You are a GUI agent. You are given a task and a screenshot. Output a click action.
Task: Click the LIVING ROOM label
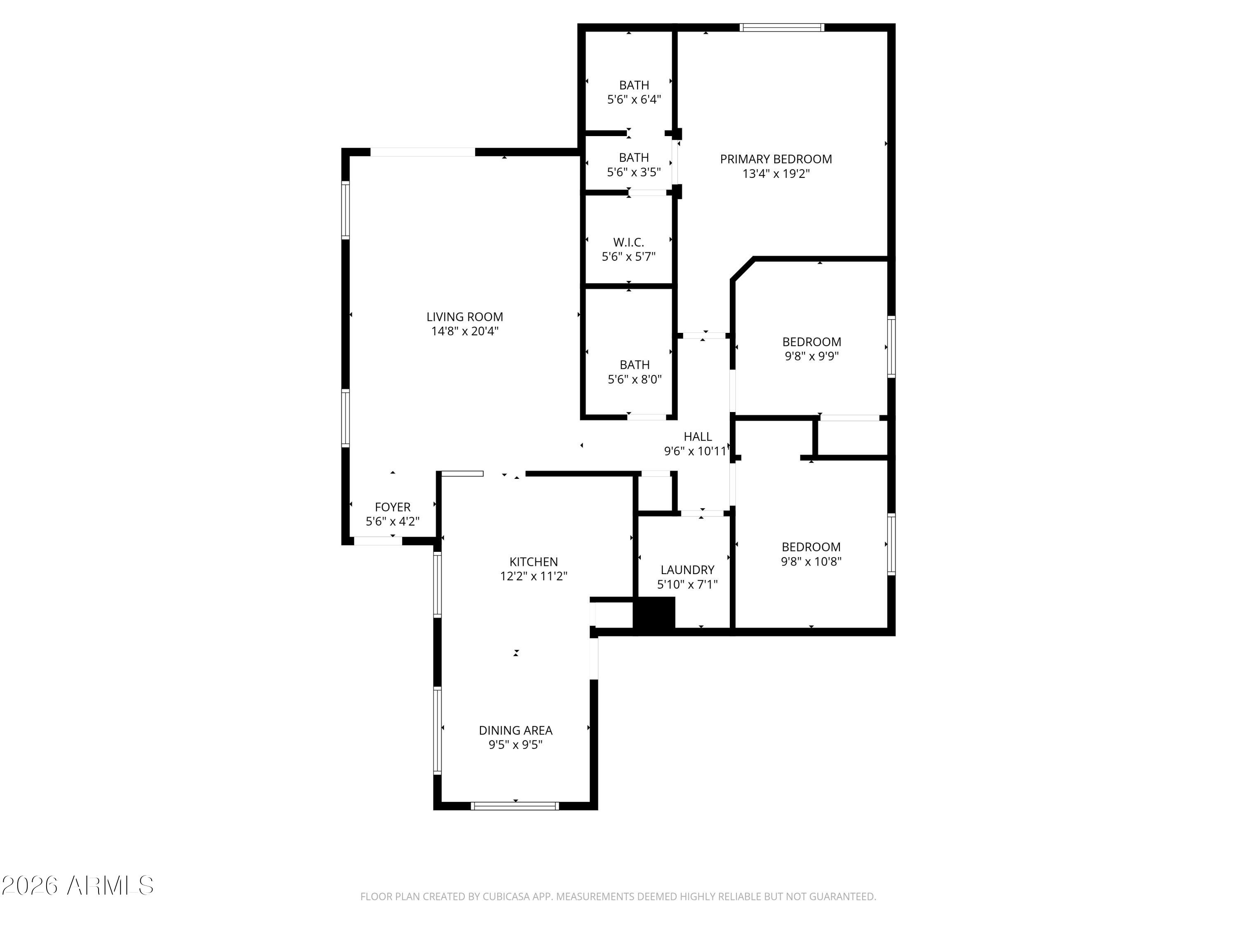coord(465,317)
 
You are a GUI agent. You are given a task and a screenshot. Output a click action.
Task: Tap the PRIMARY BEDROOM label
coord(776,159)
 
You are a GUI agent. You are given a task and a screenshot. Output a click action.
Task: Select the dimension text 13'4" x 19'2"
coord(776,173)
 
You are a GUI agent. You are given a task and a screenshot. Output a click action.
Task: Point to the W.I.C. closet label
coord(628,242)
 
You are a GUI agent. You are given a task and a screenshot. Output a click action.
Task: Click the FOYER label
coord(393,507)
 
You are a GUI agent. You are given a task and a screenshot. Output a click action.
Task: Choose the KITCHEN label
coord(534,562)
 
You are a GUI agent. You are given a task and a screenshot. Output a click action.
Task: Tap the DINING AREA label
coord(515,730)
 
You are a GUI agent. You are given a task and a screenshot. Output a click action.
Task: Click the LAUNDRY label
coord(687,570)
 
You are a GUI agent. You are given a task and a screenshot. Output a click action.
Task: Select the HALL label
coord(698,436)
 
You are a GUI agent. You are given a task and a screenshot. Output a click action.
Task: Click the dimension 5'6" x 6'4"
coord(634,99)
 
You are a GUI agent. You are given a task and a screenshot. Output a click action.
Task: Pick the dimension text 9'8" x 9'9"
coord(811,356)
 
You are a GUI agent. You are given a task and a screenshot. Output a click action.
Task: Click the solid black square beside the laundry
coord(654,614)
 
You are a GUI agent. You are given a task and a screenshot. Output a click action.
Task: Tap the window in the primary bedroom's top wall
coord(782,27)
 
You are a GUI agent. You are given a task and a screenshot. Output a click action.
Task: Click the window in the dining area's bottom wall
coord(515,806)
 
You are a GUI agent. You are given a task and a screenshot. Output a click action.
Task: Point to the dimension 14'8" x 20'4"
coord(465,331)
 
